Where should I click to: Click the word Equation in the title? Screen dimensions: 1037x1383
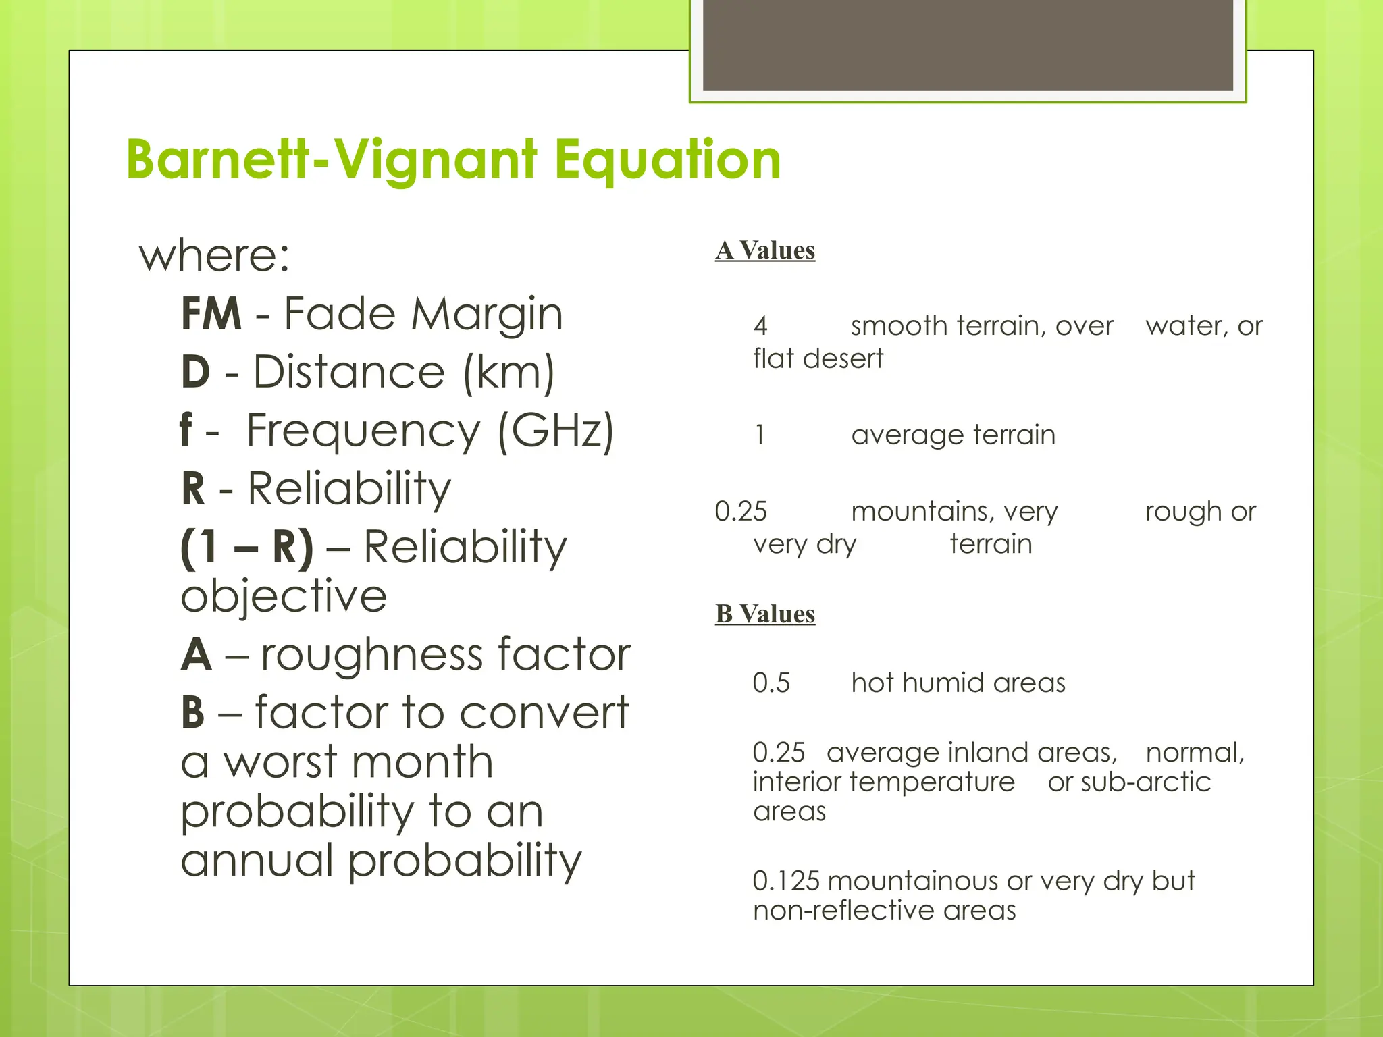tap(667, 160)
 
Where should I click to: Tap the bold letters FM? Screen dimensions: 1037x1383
tap(211, 314)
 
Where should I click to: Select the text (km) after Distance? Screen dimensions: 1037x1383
tap(509, 373)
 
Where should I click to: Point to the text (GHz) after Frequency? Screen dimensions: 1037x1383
tap(556, 431)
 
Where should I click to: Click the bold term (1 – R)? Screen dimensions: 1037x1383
tap(247, 546)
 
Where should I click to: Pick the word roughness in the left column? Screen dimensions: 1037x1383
tap(371, 654)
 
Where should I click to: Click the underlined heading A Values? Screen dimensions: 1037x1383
tap(765, 250)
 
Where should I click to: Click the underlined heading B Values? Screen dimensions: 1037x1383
tap(765, 614)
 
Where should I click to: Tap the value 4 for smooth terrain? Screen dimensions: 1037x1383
tap(760, 326)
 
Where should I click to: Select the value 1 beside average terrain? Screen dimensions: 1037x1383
tap(760, 435)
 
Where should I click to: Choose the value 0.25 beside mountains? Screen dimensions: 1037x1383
tap(741, 512)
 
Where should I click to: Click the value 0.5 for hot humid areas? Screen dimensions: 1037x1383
tap(771, 683)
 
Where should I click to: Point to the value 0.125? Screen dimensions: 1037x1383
tap(786, 881)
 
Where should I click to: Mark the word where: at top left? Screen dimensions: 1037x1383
tap(215, 256)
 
